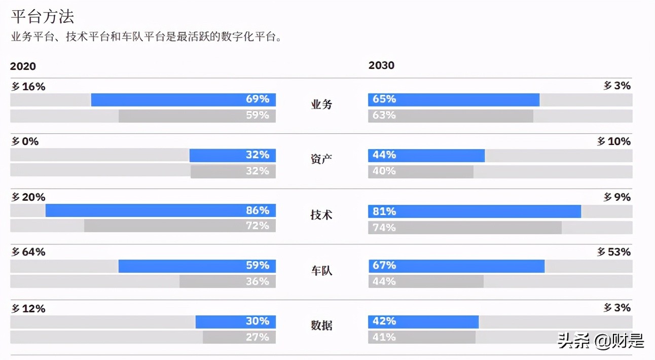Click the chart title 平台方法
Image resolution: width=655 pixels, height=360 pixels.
point(43,16)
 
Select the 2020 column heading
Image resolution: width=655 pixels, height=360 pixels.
point(23,66)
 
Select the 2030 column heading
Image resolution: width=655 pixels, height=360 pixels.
point(381,65)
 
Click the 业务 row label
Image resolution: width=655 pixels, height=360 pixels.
point(321,105)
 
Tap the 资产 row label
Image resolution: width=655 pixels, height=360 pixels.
point(321,159)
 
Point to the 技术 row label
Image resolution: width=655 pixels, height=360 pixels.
point(321,215)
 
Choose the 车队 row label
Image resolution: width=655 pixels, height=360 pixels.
point(321,270)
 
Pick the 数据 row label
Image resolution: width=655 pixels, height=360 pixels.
point(321,326)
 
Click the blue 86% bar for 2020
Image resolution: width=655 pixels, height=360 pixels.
point(161,210)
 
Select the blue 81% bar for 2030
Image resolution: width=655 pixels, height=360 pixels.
point(475,211)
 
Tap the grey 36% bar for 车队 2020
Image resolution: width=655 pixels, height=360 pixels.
point(228,281)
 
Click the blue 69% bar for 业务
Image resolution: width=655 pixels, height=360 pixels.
point(184,100)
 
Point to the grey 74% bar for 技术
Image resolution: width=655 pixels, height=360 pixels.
point(465,228)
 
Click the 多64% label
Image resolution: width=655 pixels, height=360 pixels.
point(28,252)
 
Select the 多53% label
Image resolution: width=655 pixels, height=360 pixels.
point(613,252)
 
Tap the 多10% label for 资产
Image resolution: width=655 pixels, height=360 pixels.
point(613,141)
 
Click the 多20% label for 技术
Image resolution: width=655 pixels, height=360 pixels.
point(28,197)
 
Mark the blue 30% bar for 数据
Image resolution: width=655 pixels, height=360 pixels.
point(236,321)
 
